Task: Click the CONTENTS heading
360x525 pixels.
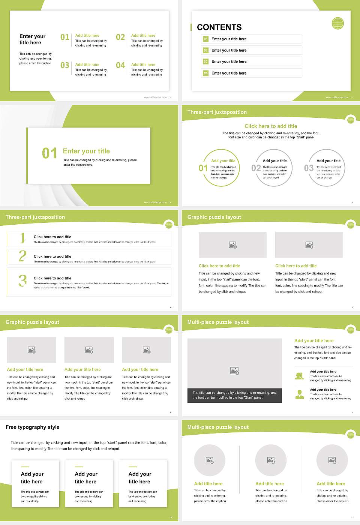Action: pos(219,27)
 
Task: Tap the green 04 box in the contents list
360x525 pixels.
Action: pos(205,73)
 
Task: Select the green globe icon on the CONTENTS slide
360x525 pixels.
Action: pos(337,23)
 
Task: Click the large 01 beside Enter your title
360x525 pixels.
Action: pos(49,153)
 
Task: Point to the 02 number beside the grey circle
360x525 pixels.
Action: pos(256,168)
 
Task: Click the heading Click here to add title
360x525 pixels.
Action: pos(270,126)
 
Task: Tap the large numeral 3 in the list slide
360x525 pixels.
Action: pos(22,280)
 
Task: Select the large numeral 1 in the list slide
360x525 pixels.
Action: pos(22,238)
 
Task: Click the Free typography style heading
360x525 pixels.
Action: pos(33,427)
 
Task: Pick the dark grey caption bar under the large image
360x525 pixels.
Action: pos(234,395)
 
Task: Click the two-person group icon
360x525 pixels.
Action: pos(299,376)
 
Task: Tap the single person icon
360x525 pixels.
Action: pos(299,394)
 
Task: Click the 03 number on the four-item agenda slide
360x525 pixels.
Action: pos(65,66)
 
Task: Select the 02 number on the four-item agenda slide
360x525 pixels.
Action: pos(120,37)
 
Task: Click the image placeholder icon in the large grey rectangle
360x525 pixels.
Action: pos(235,370)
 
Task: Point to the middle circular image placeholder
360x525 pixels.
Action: pos(271,460)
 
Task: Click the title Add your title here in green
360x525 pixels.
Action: pos(313,341)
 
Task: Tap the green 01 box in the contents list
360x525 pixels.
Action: pos(205,39)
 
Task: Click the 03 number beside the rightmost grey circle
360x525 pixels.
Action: pos(309,168)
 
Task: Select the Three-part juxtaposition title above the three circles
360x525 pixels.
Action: pos(217,112)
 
